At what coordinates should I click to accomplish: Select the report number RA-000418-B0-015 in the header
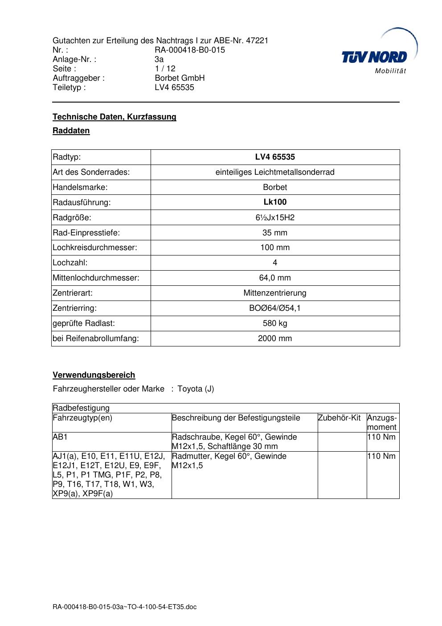pos(190,50)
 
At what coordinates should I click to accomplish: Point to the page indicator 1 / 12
pos(165,69)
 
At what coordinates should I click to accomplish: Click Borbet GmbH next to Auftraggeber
pos(180,78)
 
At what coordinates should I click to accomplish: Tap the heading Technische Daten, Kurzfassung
pos(115,117)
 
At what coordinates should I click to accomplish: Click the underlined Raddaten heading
pos(71,131)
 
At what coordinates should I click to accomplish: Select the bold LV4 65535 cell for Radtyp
pos(275,157)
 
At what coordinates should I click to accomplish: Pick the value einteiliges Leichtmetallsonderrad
pos(275,172)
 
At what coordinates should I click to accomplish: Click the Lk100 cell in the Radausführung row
pos(275,202)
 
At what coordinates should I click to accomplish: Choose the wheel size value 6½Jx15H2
pos(275,218)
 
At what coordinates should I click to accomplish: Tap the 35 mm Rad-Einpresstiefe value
pos(275,233)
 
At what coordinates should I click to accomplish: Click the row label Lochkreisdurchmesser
pos(95,247)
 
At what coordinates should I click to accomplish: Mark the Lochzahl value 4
pos(275,263)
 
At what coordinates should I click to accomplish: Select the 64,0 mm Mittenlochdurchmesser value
pos(275,278)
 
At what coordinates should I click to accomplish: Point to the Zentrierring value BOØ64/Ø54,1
pos(275,308)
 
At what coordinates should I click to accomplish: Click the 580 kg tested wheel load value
pos(275,323)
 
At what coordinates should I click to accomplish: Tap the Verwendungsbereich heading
pos(94,375)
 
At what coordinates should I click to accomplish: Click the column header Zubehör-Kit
pos(339,418)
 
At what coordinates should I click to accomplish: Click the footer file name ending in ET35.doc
pos(124,607)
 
